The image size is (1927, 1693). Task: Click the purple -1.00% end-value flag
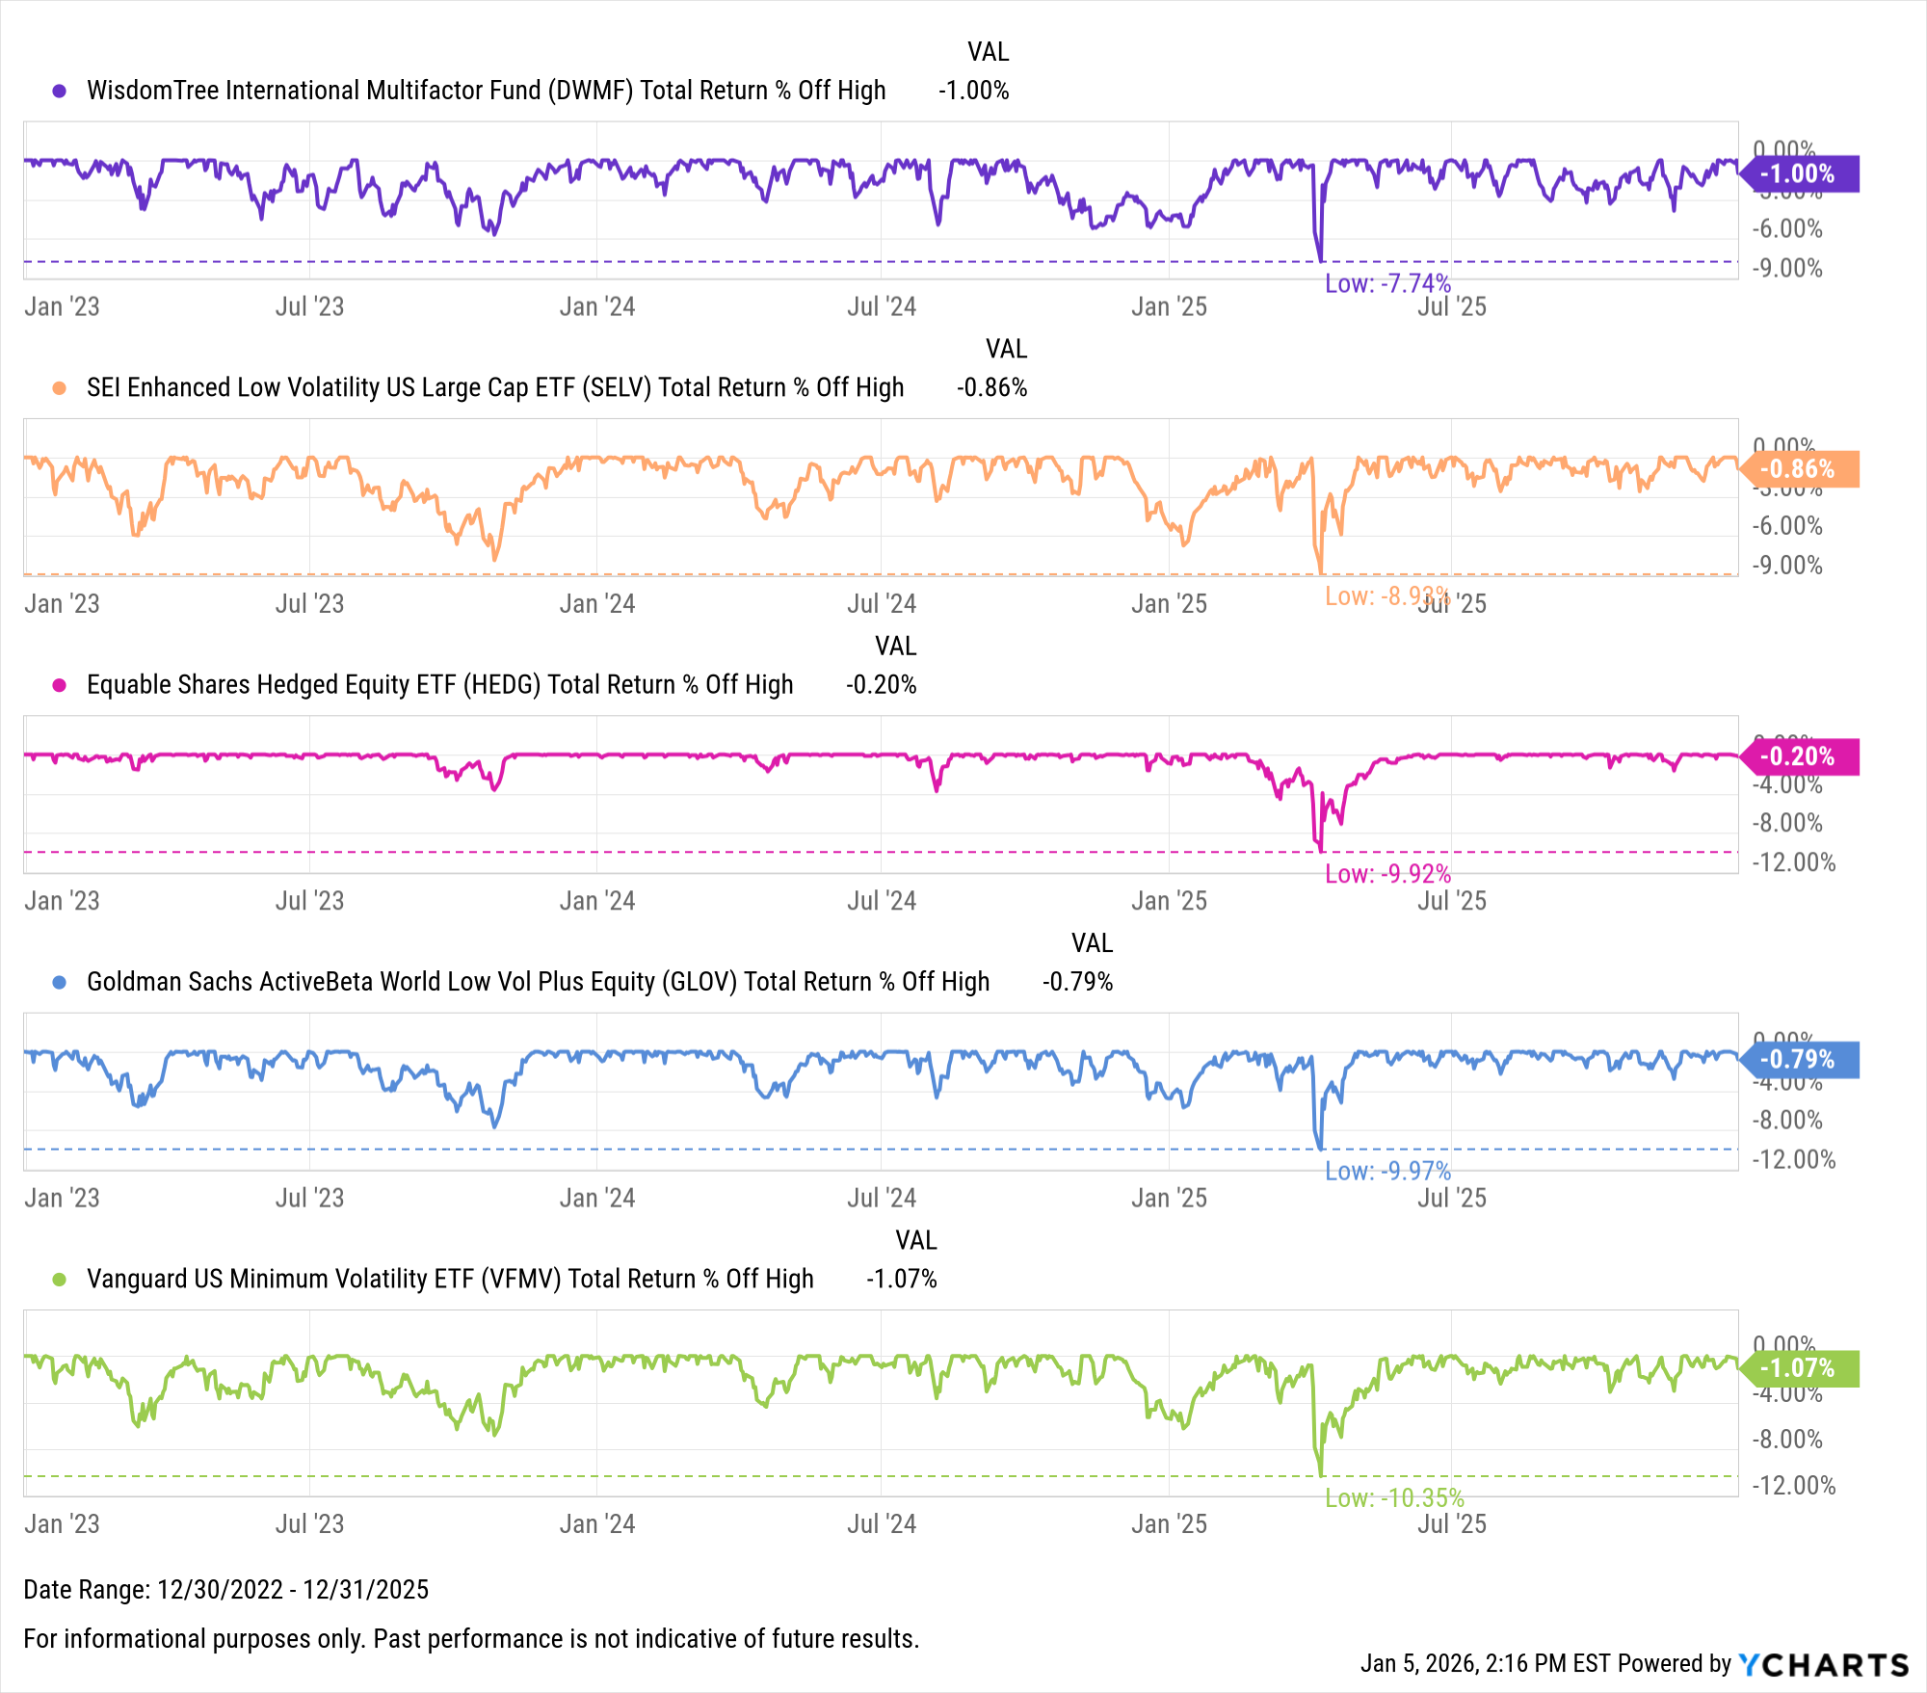(x=1798, y=173)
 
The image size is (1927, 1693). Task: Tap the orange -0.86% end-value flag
(x=1798, y=469)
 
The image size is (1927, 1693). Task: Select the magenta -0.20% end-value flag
(x=1798, y=756)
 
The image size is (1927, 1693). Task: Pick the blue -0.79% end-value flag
(x=1798, y=1059)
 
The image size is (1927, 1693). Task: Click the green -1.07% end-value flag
(x=1798, y=1367)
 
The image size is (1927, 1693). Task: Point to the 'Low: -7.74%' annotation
(x=1387, y=283)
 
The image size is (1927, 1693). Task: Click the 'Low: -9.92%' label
(x=1387, y=874)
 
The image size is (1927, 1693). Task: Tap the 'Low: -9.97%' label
(x=1387, y=1171)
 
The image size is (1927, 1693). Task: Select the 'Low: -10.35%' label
(x=1394, y=1497)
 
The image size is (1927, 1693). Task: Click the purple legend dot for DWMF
(x=60, y=91)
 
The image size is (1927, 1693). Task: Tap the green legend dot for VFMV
(x=60, y=1280)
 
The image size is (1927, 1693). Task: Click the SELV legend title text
(x=495, y=387)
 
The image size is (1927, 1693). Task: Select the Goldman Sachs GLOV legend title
(x=538, y=982)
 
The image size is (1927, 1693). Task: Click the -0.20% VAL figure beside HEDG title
(x=881, y=685)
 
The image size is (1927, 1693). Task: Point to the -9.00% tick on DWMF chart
(x=1787, y=268)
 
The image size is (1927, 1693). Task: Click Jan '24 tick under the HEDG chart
(x=597, y=901)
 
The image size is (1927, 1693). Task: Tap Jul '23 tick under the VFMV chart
(x=309, y=1523)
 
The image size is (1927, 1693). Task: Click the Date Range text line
(x=226, y=1589)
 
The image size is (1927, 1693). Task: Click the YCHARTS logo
(x=1823, y=1664)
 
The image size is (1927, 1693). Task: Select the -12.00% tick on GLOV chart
(x=1793, y=1159)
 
